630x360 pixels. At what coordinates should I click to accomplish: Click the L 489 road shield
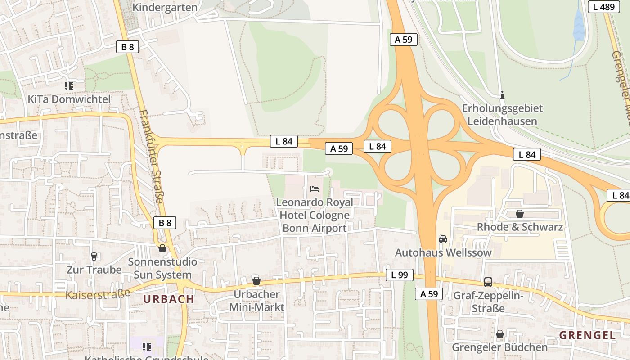coord(603,7)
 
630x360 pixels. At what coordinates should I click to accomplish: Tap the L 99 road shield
coord(399,275)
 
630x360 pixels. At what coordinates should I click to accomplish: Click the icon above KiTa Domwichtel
coord(68,85)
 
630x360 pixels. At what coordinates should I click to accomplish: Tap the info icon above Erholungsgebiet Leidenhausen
coord(502,95)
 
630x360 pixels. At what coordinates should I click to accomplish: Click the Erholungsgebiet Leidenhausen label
coord(502,115)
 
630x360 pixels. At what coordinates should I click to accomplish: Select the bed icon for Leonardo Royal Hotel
coord(315,189)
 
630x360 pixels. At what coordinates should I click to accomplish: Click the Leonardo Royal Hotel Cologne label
coord(315,215)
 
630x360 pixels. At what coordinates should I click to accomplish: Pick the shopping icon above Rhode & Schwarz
coord(520,214)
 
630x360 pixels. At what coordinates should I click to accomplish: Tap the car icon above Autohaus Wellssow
coord(443,239)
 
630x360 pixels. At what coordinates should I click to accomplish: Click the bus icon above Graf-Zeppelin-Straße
coord(488,282)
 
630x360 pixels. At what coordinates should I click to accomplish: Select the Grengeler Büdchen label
coord(499,347)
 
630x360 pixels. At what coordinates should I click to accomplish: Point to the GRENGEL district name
coord(587,335)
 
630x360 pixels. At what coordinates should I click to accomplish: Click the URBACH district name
coord(169,299)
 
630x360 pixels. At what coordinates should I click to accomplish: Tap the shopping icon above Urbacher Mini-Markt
coord(256,281)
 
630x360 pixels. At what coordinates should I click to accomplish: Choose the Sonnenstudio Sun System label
coord(162,268)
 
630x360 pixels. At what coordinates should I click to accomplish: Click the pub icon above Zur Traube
coord(94,256)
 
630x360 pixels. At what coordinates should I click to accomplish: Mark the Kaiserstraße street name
coord(98,294)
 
